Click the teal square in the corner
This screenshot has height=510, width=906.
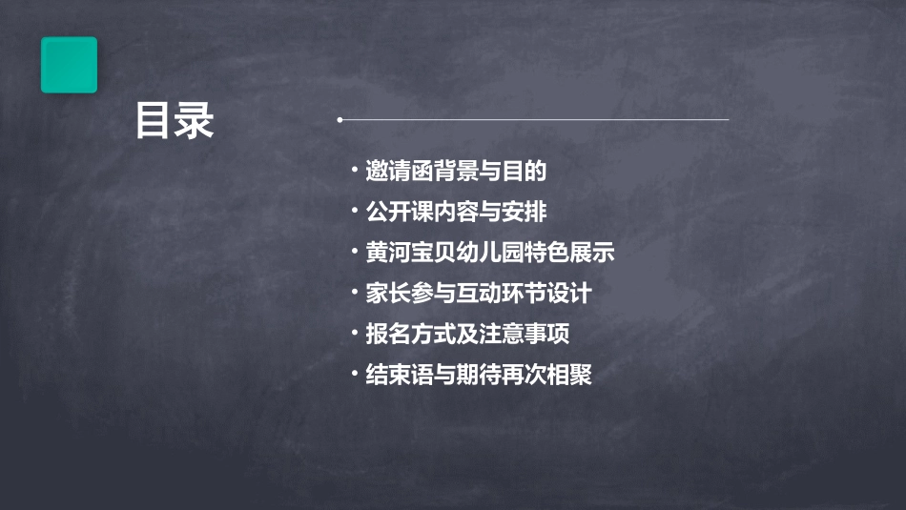coord(69,65)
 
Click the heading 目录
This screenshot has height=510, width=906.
coord(175,121)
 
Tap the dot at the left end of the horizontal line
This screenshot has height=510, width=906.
coord(340,120)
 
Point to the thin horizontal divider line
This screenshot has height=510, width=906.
coord(534,120)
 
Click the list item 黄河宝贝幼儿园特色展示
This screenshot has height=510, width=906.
coord(489,253)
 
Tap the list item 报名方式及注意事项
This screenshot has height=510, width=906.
coord(467,335)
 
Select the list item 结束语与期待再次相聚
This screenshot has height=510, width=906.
coord(478,375)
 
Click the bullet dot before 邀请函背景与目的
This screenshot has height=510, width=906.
coord(354,172)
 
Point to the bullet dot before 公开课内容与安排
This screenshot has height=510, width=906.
coord(354,212)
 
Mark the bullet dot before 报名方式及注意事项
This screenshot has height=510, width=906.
coord(354,335)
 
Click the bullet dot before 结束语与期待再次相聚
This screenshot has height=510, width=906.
coord(354,375)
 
